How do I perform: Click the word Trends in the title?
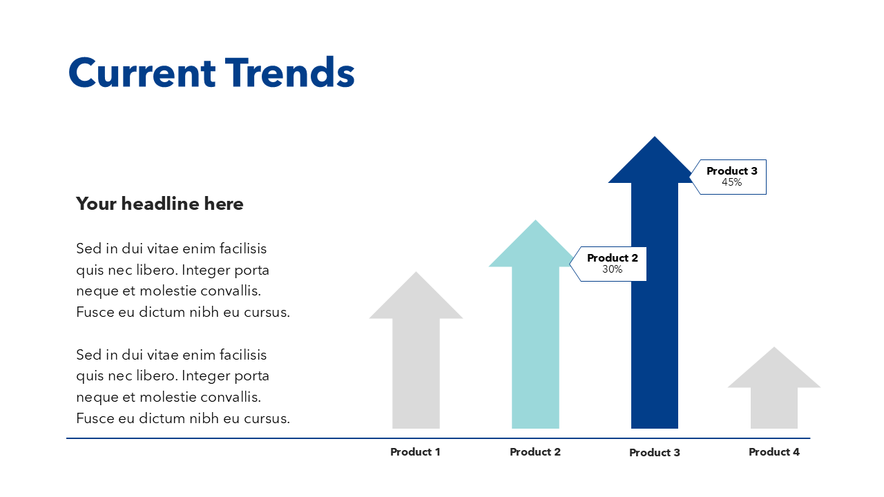tap(290, 72)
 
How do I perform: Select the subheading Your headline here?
tap(160, 204)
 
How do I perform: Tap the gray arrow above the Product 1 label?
tap(416, 359)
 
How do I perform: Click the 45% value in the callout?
tap(731, 182)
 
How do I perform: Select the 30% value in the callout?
tap(612, 269)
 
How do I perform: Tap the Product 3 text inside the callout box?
tap(731, 170)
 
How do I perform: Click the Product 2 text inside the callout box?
tap(612, 257)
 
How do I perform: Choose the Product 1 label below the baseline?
tap(415, 451)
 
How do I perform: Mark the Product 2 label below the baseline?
tap(535, 451)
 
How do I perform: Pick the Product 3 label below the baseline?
tap(655, 452)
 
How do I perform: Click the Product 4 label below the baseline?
tap(774, 451)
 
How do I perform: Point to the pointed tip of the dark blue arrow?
tap(655, 139)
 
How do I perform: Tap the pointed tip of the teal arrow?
tap(535, 223)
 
